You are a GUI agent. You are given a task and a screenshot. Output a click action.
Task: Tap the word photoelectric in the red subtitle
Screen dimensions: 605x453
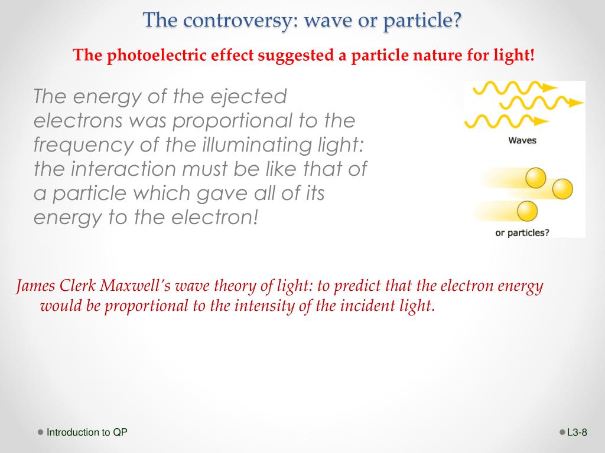coord(157,55)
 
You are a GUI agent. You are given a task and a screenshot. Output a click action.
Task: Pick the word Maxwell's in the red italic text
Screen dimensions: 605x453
coord(135,285)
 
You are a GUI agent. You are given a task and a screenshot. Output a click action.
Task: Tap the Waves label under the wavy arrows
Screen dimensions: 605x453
coord(522,140)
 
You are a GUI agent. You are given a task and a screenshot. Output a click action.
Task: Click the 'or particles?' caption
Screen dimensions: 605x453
coord(522,232)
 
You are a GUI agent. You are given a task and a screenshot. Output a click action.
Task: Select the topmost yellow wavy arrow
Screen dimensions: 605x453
coord(515,88)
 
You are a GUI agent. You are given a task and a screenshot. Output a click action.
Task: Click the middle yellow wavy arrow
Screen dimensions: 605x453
coord(541,103)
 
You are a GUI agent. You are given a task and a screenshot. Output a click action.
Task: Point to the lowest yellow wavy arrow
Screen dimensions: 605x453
coord(506,121)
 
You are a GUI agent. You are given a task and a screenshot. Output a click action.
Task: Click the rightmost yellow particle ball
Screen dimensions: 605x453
coord(562,189)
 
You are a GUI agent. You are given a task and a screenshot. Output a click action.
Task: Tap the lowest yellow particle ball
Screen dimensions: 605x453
coord(527,211)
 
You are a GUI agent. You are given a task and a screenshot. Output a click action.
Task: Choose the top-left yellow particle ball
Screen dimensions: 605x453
coord(536,178)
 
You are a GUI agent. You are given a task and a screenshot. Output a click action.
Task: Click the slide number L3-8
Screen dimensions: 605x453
coord(577,432)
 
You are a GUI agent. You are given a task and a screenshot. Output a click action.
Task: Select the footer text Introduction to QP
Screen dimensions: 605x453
coord(87,432)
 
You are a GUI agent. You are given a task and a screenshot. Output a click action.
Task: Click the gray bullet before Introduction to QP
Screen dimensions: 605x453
coord(41,432)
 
